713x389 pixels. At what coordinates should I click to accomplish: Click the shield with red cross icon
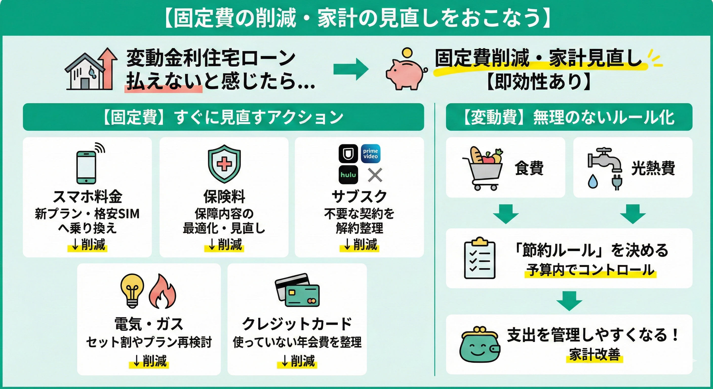(x=224, y=164)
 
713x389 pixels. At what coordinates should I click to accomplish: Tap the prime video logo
(x=371, y=153)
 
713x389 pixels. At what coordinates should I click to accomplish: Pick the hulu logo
(x=348, y=175)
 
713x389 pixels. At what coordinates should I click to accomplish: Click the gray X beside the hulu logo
(x=375, y=175)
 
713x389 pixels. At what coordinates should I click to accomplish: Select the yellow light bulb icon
(x=133, y=291)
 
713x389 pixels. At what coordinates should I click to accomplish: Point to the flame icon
(x=163, y=291)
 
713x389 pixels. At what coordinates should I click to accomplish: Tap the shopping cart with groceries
(x=483, y=168)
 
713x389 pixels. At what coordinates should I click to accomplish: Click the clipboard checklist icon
(x=479, y=258)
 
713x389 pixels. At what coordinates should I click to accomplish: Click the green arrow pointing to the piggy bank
(x=351, y=69)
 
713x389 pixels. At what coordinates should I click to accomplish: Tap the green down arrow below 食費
(x=506, y=214)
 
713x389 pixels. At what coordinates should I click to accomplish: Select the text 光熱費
(x=653, y=168)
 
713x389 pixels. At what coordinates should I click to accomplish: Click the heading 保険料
(x=224, y=197)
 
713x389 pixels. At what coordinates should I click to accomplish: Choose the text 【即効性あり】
(x=539, y=82)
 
